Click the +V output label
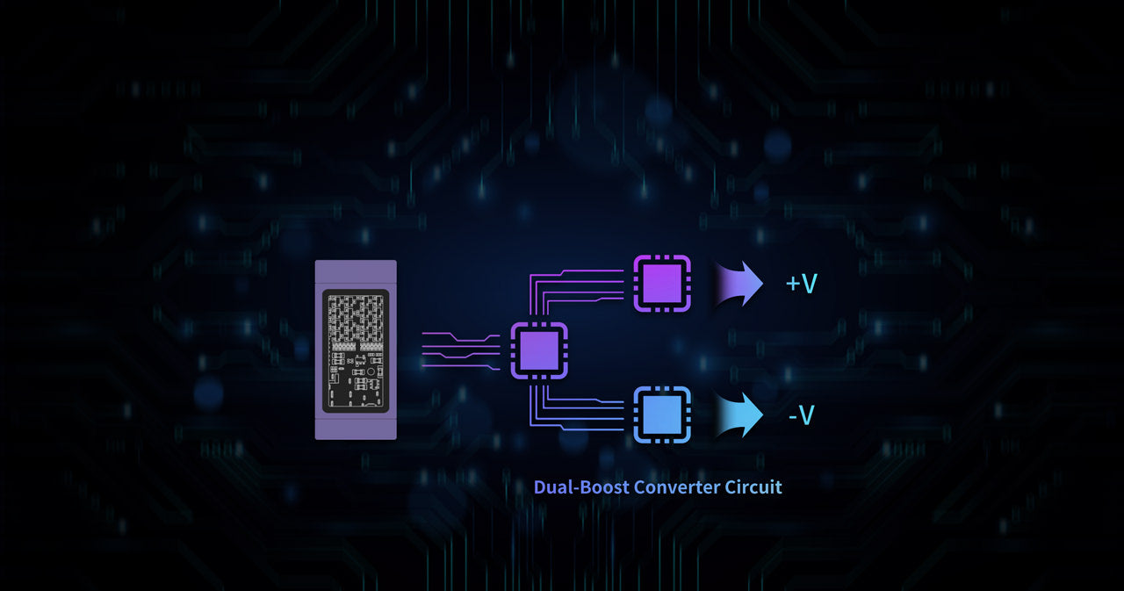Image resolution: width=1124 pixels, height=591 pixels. pyautogui.click(x=802, y=284)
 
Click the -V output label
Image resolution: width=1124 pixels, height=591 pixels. pyautogui.click(x=802, y=415)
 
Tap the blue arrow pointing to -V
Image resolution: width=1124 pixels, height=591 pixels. pyautogui.click(x=739, y=414)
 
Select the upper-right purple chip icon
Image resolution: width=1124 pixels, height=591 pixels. pyautogui.click(x=662, y=284)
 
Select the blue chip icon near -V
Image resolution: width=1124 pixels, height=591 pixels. pyautogui.click(x=662, y=414)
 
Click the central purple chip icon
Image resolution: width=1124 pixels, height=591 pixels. pyautogui.click(x=539, y=350)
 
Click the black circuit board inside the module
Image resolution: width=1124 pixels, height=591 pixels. pyautogui.click(x=356, y=350)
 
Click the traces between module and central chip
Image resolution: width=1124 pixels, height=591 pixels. pyautogui.click(x=461, y=350)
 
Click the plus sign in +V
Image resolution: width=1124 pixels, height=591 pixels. pyautogui.click(x=793, y=284)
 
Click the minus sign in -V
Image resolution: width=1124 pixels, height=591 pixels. pyautogui.click(x=793, y=417)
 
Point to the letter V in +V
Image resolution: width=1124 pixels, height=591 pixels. pyautogui.click(x=809, y=284)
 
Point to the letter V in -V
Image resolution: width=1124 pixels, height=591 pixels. pyautogui.click(x=806, y=415)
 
